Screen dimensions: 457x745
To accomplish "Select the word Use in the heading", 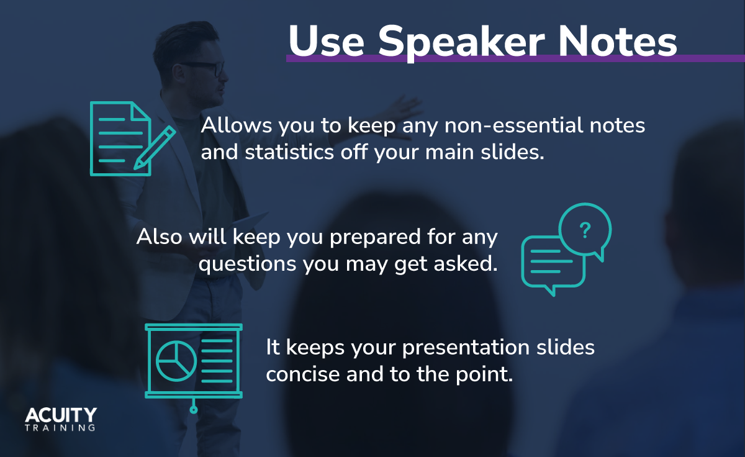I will click(x=328, y=42).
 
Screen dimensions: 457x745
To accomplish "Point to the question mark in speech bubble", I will click(x=584, y=231).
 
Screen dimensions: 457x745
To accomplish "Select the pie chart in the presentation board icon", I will click(x=176, y=361).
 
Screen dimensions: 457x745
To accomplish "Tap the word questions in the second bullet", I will click(x=248, y=265).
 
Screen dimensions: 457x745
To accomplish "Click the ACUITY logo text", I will click(x=61, y=415).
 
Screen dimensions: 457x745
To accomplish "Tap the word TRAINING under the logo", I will click(x=61, y=428).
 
